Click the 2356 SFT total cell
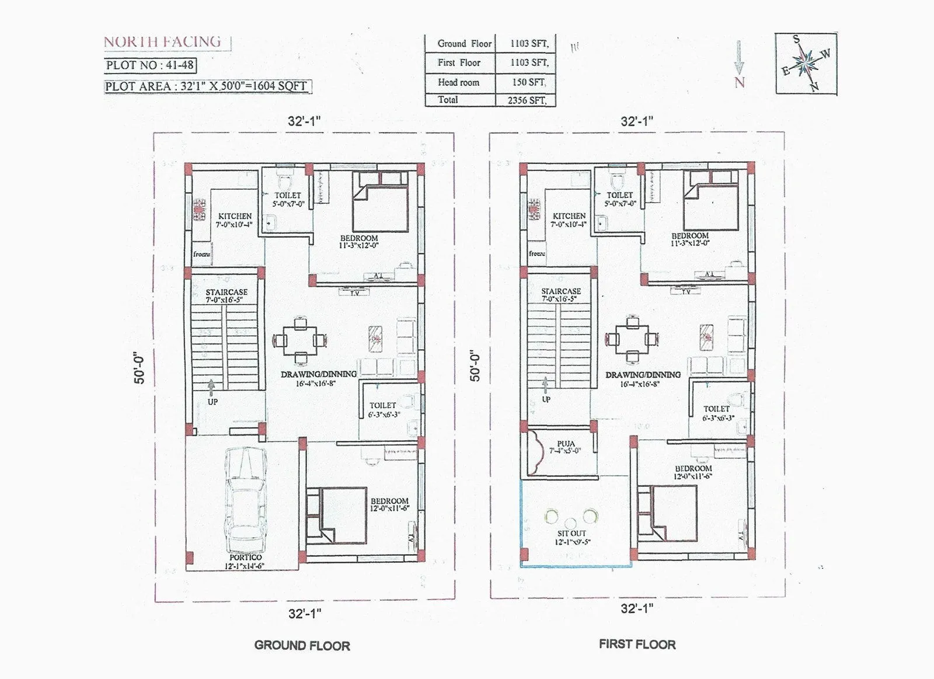(x=527, y=100)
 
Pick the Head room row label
(x=458, y=82)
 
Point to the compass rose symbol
(x=806, y=63)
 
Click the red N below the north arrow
(x=740, y=82)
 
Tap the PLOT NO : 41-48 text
(x=150, y=65)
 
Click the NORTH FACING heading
(x=162, y=42)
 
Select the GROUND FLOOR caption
(x=302, y=646)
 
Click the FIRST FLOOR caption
(x=637, y=645)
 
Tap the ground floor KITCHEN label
(x=235, y=216)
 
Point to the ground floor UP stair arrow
(x=211, y=385)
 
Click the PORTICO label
(x=245, y=558)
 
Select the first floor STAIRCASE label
(x=560, y=291)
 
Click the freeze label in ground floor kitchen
(x=201, y=255)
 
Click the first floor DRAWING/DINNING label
(x=643, y=375)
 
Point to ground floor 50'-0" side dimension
(x=139, y=368)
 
